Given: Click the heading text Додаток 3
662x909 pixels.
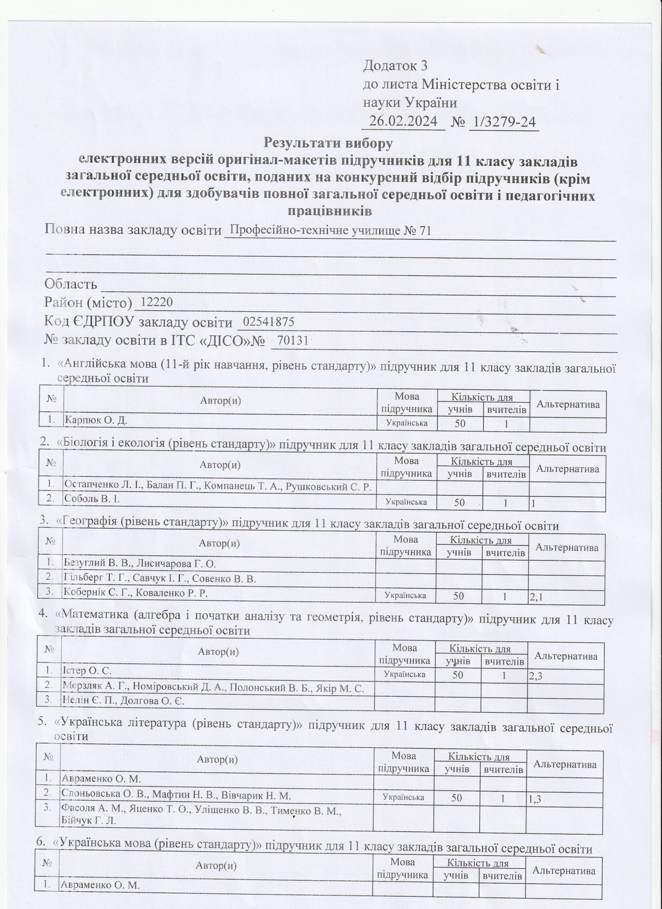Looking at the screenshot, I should coord(395,66).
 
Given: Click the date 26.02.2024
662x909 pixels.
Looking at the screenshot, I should coord(403,121).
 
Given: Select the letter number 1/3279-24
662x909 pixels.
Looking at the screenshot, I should coord(504,122).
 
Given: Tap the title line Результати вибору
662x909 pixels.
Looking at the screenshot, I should coord(328,143).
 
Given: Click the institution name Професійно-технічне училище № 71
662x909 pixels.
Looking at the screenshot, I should coord(330,231).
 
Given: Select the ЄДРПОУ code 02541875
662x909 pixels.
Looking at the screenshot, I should coord(268,322).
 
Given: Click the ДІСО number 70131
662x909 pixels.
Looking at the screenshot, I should coord(292,340).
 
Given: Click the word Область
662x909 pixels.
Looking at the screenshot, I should coord(71,284).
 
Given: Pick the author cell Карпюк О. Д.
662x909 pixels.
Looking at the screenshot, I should coord(96,420).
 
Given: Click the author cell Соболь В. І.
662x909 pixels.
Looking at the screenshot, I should coord(92,499).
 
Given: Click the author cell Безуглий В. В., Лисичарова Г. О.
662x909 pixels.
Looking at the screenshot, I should coord(140,564).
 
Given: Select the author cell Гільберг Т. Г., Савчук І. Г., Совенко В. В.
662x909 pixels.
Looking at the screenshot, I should coord(159,579).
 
